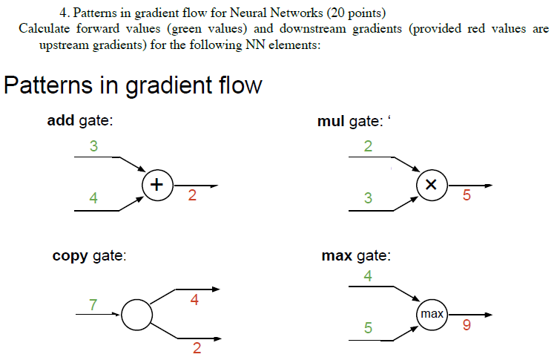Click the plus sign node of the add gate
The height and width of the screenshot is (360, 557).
point(156,185)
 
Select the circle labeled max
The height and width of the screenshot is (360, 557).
point(432,315)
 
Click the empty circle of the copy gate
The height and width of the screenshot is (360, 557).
point(136,315)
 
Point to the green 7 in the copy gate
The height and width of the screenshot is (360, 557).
point(93,304)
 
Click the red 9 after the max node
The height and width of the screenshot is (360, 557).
point(466,325)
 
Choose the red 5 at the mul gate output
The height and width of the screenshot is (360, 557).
point(466,197)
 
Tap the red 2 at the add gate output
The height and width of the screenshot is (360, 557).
point(192,197)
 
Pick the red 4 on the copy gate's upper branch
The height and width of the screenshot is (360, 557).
point(194,301)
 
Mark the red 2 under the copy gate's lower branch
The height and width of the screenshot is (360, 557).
point(197,349)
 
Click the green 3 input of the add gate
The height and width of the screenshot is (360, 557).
point(93,146)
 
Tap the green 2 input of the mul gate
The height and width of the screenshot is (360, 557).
point(369,146)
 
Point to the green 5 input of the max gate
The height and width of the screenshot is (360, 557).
point(369,327)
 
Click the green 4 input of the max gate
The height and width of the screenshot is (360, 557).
point(369,276)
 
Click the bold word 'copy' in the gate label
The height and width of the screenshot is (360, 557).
point(70,256)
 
